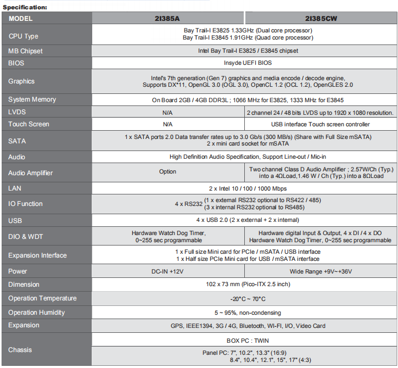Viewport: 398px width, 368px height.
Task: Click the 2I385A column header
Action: coord(167,18)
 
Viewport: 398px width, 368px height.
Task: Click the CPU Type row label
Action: coord(24,36)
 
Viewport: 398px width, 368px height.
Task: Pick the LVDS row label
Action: coord(17,112)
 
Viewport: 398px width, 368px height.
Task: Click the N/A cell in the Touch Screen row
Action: coord(167,124)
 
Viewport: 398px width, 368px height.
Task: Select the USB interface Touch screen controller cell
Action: coord(321,124)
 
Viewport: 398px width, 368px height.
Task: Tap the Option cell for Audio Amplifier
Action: coord(167,172)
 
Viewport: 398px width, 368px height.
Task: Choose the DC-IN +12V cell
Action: coord(167,271)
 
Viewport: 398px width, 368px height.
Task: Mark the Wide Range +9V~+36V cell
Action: coord(321,271)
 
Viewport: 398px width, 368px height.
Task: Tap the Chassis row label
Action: coord(20,350)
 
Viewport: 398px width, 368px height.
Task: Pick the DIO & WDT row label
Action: coord(26,236)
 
